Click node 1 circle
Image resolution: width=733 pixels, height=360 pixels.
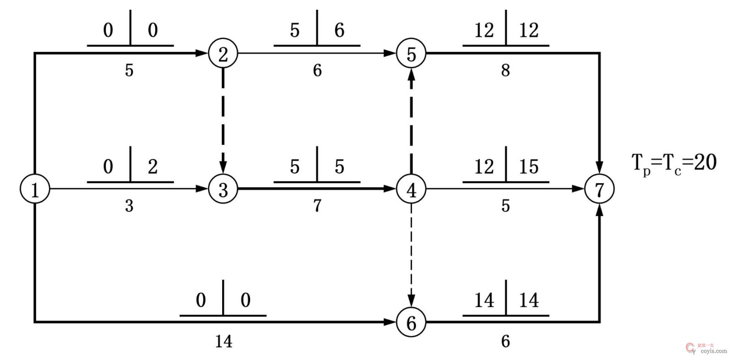(35, 189)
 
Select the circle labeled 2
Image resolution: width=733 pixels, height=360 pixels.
(223, 54)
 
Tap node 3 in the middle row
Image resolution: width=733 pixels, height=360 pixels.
(223, 189)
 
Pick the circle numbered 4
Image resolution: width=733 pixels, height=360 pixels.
(411, 189)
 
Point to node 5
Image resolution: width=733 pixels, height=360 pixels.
(411, 54)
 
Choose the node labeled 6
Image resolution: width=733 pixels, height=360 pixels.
(411, 322)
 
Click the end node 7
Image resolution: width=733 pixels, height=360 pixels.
(599, 189)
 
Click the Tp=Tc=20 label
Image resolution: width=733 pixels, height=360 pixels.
(673, 163)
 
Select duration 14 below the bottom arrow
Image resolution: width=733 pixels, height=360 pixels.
(224, 341)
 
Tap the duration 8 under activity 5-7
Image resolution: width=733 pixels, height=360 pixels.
(505, 71)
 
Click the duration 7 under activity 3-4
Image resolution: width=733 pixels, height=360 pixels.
(317, 206)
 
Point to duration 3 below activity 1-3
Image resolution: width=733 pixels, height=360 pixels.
(129, 206)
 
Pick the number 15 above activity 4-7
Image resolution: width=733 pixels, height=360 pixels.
(529, 166)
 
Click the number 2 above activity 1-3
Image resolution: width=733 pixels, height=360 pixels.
(153, 166)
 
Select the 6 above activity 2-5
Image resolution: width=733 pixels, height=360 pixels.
(339, 30)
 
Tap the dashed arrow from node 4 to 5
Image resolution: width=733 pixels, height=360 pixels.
(411, 121)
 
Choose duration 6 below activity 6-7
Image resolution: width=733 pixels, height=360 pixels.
(505, 341)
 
